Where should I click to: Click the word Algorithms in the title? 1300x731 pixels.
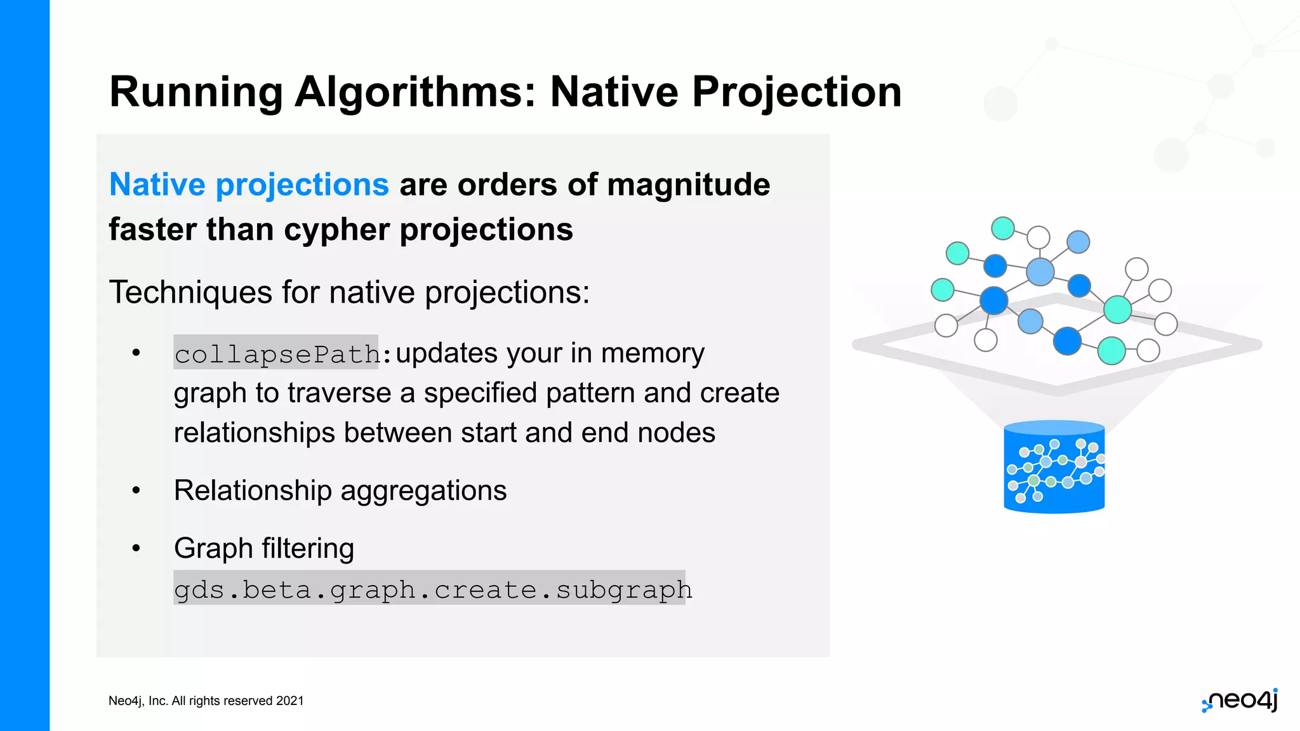(416, 93)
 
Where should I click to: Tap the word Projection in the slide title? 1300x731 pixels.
(796, 93)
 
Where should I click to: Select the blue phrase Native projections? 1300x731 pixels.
(249, 185)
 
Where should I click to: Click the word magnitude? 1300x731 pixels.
(688, 185)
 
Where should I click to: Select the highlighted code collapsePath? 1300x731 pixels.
(276, 353)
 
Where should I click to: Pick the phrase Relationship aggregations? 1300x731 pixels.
(340, 491)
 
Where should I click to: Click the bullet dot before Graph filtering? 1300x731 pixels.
(136, 548)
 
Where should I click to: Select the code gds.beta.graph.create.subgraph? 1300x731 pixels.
(432, 589)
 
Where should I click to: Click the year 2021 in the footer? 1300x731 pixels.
(290, 701)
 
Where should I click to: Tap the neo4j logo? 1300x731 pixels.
(1240, 701)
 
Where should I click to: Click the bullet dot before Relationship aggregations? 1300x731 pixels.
(136, 491)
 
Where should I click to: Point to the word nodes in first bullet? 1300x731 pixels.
(676, 433)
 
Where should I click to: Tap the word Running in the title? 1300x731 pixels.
(196, 93)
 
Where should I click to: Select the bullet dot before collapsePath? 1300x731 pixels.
(136, 353)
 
